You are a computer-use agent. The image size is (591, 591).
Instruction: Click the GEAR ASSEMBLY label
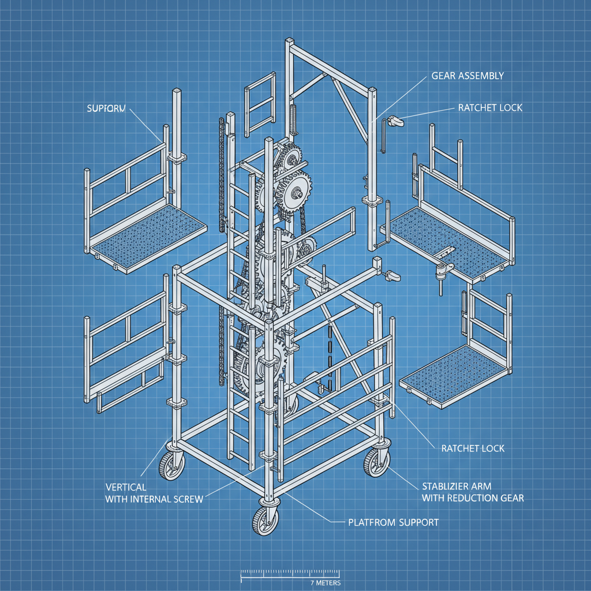click(x=467, y=76)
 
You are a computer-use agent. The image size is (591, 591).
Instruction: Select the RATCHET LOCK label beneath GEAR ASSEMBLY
click(x=490, y=108)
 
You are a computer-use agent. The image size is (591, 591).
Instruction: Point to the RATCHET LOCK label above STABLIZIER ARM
click(x=473, y=448)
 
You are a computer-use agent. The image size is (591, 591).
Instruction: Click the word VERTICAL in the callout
click(x=126, y=487)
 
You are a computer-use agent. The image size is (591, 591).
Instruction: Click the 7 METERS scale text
click(x=325, y=583)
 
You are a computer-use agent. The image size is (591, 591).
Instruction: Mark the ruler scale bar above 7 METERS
click(x=289, y=574)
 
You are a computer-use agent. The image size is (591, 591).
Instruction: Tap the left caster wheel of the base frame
click(x=171, y=465)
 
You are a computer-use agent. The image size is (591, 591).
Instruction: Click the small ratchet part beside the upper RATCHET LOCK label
click(x=395, y=121)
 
